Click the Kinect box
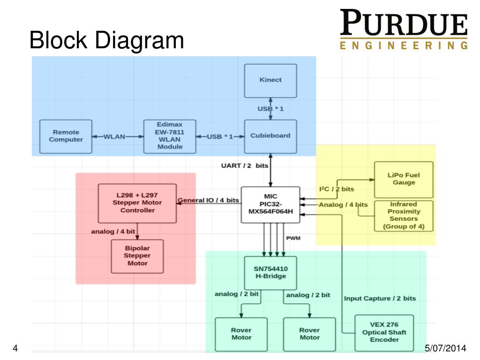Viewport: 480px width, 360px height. [x=270, y=80]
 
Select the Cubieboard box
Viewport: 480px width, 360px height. [x=270, y=136]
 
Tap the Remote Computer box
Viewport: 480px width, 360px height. [x=66, y=136]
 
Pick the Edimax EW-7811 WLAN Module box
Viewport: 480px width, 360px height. [x=170, y=136]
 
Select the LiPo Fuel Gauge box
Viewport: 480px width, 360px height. [x=404, y=179]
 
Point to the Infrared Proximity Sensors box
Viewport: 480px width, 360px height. [x=404, y=216]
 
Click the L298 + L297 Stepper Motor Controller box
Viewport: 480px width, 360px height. [x=137, y=203]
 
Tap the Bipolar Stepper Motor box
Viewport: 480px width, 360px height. [x=137, y=256]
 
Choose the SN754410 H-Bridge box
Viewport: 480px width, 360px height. [x=270, y=272]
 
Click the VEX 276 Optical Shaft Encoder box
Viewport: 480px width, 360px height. [x=384, y=332]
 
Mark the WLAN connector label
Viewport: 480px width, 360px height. [x=114, y=136]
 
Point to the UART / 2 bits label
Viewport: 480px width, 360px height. [x=245, y=165]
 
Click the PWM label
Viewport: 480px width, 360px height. [x=293, y=238]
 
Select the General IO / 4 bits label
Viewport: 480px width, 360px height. [x=209, y=201]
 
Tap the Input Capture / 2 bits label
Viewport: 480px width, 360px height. [x=380, y=298]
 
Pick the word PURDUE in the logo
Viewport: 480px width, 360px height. [x=404, y=25]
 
